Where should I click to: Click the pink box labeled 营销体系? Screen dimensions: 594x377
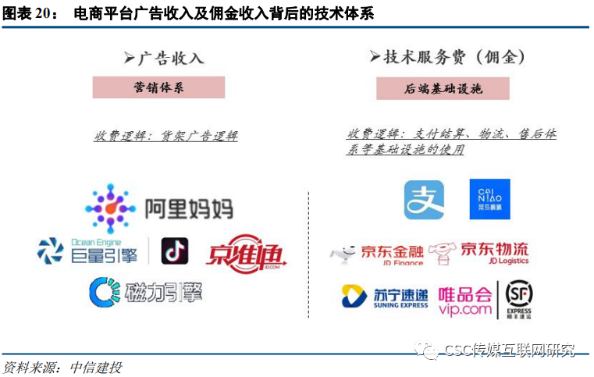tap(158, 87)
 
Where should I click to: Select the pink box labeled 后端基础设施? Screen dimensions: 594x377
tap(443, 88)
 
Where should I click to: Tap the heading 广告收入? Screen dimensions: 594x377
tap(164, 58)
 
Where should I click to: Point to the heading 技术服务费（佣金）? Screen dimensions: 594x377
tap(447, 57)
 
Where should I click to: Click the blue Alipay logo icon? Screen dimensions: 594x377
tap(424, 200)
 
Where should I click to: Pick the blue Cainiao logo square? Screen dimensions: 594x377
tap(489, 199)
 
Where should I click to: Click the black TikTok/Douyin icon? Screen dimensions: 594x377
tap(175, 251)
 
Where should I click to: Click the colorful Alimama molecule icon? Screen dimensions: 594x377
tap(110, 207)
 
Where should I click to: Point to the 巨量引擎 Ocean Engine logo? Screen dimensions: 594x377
tap(91, 251)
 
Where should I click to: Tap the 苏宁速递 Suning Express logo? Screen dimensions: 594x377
tap(385, 297)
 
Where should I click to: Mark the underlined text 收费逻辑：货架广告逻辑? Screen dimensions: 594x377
tap(165, 136)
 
